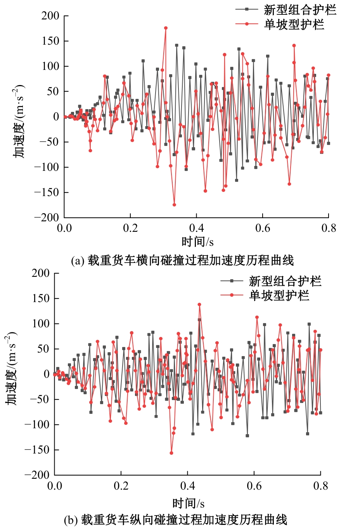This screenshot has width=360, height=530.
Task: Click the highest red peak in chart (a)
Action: click(x=166, y=28)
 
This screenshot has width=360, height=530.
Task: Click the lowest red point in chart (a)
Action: click(x=174, y=205)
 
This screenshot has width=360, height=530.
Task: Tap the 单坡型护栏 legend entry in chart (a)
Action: click(x=294, y=24)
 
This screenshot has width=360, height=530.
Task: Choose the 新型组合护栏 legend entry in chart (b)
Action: click(x=285, y=281)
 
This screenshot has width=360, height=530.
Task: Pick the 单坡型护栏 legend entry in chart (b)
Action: click(x=279, y=295)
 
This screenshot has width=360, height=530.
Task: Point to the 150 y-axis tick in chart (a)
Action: click(x=50, y=41)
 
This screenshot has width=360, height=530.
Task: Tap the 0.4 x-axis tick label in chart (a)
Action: click(x=196, y=228)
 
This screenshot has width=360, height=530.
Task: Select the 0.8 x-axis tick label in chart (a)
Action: click(x=329, y=228)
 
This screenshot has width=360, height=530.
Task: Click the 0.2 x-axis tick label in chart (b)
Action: click(x=121, y=486)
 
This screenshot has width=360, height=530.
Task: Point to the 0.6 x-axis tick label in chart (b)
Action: click(x=254, y=486)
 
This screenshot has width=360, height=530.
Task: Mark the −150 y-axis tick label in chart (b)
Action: click(x=37, y=450)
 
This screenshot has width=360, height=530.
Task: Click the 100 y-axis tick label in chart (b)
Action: click(x=41, y=323)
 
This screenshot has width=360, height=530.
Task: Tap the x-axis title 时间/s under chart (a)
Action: click(x=197, y=242)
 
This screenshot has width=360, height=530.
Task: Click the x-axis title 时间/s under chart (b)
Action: click(x=188, y=504)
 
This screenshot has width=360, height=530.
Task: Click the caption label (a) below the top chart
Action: click(x=78, y=261)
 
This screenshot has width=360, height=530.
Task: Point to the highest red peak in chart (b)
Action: click(x=199, y=305)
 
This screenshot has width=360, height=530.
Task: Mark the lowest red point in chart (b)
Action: click(x=171, y=453)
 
